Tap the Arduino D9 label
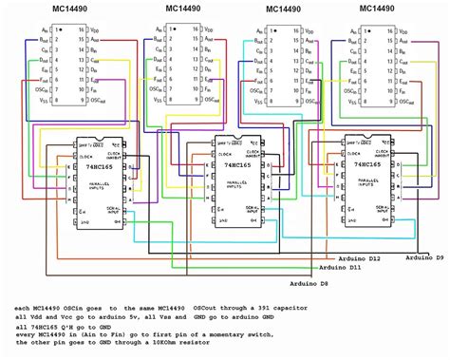click(427, 257)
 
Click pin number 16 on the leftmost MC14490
click(84, 31)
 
